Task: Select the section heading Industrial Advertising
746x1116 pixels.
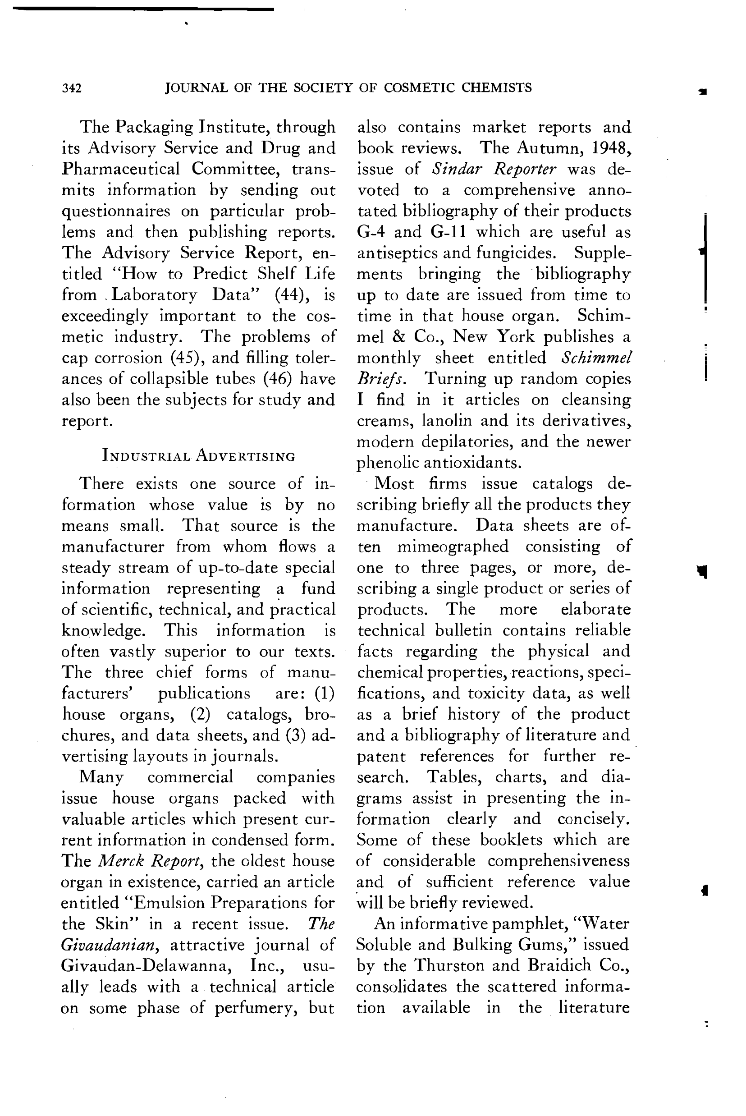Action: [x=198, y=455]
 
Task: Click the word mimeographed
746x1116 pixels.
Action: [x=453, y=547]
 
